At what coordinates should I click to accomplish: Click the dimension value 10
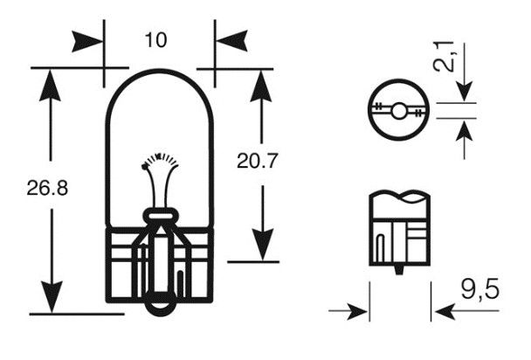157,39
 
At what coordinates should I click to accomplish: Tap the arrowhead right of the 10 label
228,40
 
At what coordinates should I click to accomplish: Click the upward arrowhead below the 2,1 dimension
464,130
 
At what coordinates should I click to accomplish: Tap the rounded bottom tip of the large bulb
159,307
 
